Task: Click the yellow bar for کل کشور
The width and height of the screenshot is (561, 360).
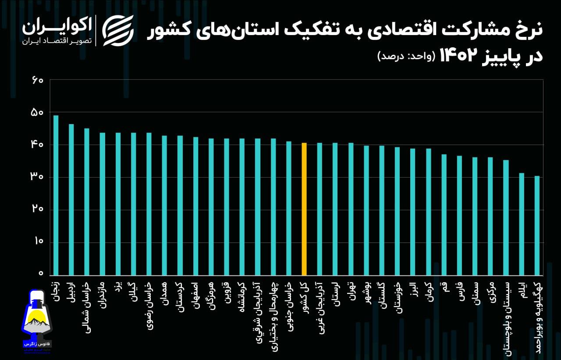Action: click(304, 208)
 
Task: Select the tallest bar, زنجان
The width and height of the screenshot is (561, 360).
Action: click(56, 195)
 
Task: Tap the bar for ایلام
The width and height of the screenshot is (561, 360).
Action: click(522, 224)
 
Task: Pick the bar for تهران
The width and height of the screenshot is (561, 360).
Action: click(351, 208)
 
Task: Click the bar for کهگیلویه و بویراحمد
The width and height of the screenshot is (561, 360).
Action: click(537, 225)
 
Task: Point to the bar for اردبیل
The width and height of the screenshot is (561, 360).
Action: click(71, 199)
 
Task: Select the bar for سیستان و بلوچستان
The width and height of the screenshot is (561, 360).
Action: click(506, 217)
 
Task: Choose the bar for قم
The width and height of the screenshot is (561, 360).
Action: click(444, 214)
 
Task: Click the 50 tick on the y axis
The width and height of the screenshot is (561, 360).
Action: click(37, 113)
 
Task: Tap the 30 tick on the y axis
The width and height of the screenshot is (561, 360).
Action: click(37, 177)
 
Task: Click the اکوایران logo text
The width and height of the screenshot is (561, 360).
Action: click(57, 27)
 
